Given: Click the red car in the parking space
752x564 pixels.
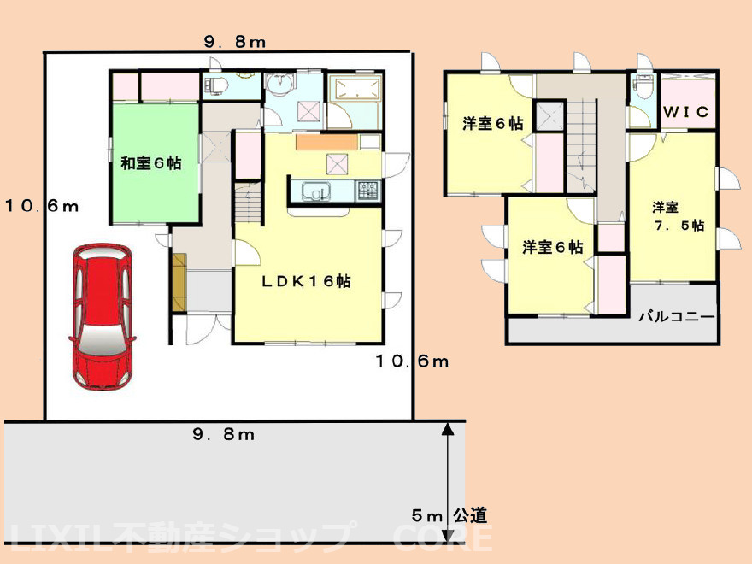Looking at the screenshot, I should (101, 316).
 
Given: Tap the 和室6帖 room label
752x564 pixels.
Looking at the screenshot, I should (150, 163).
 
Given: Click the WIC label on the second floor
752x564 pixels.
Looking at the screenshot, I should (688, 112).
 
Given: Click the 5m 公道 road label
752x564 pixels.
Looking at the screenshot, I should (449, 515).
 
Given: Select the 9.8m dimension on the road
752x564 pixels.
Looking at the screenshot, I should (224, 435).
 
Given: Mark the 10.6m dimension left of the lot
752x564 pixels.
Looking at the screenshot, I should (41, 205).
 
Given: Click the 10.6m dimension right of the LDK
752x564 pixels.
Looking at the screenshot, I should (412, 361).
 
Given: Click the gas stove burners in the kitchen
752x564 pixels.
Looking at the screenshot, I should (369, 189).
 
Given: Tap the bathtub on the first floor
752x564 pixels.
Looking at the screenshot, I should (355, 89).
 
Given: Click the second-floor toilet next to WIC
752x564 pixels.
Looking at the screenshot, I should (643, 85).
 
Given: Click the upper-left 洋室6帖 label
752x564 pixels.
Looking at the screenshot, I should (493, 123).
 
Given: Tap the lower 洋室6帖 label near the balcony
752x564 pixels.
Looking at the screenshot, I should (553, 248).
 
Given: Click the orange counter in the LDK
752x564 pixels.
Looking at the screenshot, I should (325, 143).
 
